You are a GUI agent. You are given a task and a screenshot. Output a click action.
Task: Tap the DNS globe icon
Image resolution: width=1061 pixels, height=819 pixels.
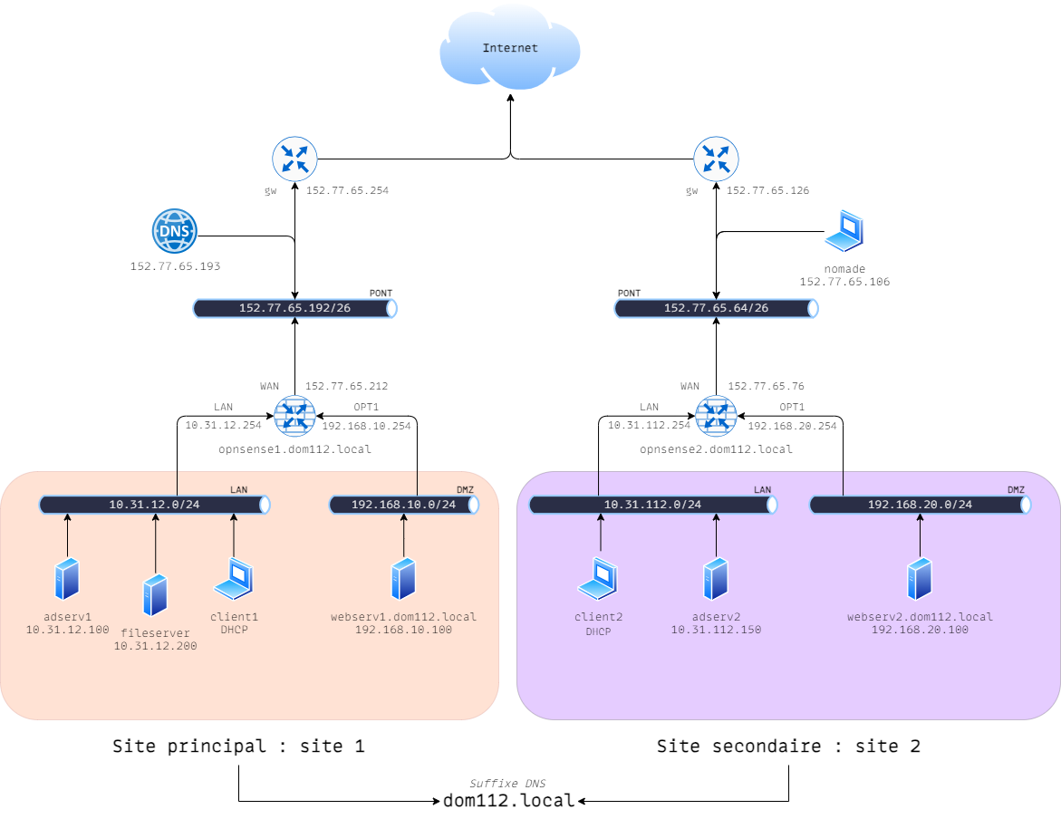(x=174, y=231)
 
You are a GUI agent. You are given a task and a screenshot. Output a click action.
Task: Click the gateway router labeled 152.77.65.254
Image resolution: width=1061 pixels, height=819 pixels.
(x=294, y=160)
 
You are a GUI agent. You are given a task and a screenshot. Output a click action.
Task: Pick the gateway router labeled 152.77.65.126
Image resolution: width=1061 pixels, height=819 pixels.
(x=716, y=160)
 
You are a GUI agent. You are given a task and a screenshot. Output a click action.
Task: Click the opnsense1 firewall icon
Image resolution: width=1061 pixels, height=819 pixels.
(x=294, y=417)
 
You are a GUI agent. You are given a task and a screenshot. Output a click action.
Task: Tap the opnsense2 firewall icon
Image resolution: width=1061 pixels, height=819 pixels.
(x=716, y=417)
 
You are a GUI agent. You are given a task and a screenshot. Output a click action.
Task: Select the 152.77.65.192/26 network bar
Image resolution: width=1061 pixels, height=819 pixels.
(x=295, y=308)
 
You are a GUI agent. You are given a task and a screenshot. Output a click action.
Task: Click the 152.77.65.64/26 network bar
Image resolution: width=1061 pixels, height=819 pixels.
(x=716, y=308)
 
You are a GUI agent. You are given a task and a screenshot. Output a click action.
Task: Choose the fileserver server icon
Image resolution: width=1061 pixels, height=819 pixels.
(x=155, y=595)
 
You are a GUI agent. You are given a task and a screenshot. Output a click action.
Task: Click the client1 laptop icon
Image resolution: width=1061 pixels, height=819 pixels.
(x=234, y=580)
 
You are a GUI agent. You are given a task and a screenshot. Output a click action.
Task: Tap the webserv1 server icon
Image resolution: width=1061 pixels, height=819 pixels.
(x=403, y=579)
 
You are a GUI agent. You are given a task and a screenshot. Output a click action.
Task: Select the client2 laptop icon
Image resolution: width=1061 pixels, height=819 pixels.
(x=599, y=580)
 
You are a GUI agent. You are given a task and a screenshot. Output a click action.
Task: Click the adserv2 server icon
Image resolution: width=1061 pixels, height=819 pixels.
(x=716, y=579)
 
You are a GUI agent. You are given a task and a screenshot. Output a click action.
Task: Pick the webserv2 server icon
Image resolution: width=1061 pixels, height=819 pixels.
(x=920, y=579)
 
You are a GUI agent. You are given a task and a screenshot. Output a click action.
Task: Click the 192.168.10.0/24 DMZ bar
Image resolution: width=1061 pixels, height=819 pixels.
(x=403, y=505)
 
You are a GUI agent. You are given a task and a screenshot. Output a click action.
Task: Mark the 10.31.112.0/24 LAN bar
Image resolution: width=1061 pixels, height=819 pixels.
(x=652, y=505)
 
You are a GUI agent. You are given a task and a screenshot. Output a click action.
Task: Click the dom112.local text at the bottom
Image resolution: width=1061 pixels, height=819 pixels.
(x=508, y=801)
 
